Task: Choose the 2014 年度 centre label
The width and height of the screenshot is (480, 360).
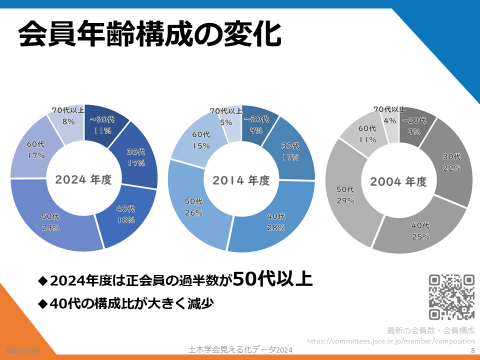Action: pyautogui.click(x=241, y=180)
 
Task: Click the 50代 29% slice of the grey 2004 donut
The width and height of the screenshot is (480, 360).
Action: pyautogui.click(x=345, y=195)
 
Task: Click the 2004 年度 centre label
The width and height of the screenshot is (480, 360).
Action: pyautogui.click(x=398, y=181)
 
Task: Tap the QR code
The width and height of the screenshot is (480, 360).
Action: pyautogui.click(x=451, y=297)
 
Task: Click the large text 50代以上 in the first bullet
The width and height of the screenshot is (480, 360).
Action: pyautogui.click(x=273, y=279)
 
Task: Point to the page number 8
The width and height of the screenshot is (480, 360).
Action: pyautogui.click(x=472, y=351)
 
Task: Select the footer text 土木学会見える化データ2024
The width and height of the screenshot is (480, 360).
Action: pyautogui.click(x=239, y=350)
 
